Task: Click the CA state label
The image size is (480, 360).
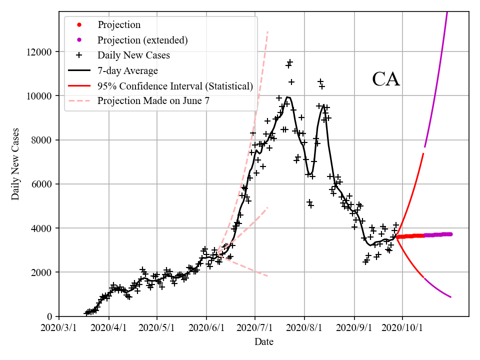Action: point(386,79)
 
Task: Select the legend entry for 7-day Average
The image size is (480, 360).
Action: point(127,70)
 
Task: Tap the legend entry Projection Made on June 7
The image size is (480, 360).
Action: point(153,100)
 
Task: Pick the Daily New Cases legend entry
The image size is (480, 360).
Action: point(133,55)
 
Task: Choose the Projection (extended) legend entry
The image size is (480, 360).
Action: point(142,40)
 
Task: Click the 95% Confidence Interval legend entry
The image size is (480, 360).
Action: point(175,85)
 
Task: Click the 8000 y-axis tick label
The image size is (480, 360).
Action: point(42,140)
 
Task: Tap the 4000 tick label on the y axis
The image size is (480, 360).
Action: point(42,228)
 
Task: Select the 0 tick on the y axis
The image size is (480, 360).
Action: point(50,316)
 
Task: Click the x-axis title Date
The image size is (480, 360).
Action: point(263,342)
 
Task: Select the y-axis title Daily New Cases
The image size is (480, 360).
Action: point(15,164)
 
